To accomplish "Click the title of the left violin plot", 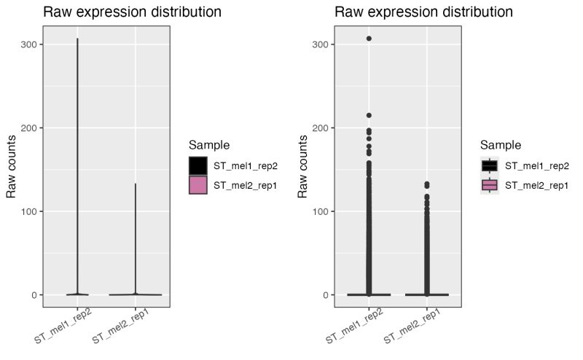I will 132,12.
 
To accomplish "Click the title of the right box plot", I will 423,12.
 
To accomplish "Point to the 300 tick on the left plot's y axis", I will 33,44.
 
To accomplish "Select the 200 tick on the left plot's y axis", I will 33,128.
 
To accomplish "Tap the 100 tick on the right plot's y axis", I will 324,211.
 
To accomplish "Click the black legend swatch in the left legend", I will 197,166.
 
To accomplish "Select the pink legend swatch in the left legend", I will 197,185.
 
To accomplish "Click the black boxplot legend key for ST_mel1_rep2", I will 489,166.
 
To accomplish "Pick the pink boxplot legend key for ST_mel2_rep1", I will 489,185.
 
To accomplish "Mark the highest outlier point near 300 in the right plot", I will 369,39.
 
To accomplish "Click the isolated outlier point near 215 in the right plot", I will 369,115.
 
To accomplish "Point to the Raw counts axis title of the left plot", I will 12,166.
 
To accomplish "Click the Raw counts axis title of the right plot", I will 303,166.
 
